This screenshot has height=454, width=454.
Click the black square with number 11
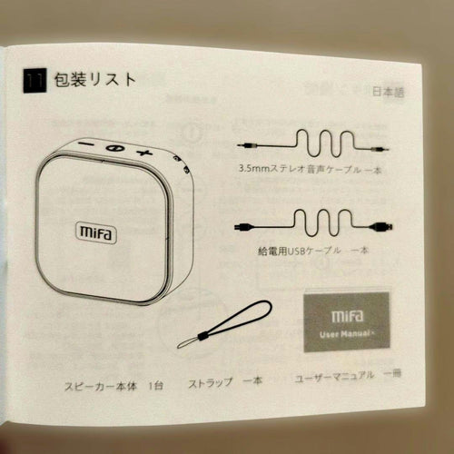click(x=35, y=81)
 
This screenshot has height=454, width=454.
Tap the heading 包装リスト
click(x=95, y=80)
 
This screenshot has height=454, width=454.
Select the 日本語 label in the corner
click(x=388, y=92)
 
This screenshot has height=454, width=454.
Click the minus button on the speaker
click(x=87, y=143)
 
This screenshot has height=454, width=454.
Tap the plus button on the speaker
click(x=144, y=153)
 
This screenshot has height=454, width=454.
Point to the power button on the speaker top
click(x=115, y=148)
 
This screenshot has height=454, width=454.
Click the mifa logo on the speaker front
click(x=95, y=232)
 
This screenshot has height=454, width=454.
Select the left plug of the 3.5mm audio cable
click(x=247, y=145)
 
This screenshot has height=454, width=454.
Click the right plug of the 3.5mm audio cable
click(x=380, y=149)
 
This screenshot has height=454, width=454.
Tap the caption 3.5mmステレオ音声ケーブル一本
click(x=310, y=169)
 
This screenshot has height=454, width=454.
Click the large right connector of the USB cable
click(x=381, y=226)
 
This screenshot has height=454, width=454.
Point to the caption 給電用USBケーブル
click(x=299, y=251)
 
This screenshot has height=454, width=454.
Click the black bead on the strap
click(x=202, y=336)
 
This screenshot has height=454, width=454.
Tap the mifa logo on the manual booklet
click(x=347, y=316)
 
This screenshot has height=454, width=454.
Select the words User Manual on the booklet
click(x=345, y=334)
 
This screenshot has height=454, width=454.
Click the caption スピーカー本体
click(x=101, y=386)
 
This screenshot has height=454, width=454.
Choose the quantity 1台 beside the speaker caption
click(x=155, y=386)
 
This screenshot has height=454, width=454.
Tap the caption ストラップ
click(x=211, y=383)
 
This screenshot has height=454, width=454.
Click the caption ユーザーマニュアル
click(x=334, y=377)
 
